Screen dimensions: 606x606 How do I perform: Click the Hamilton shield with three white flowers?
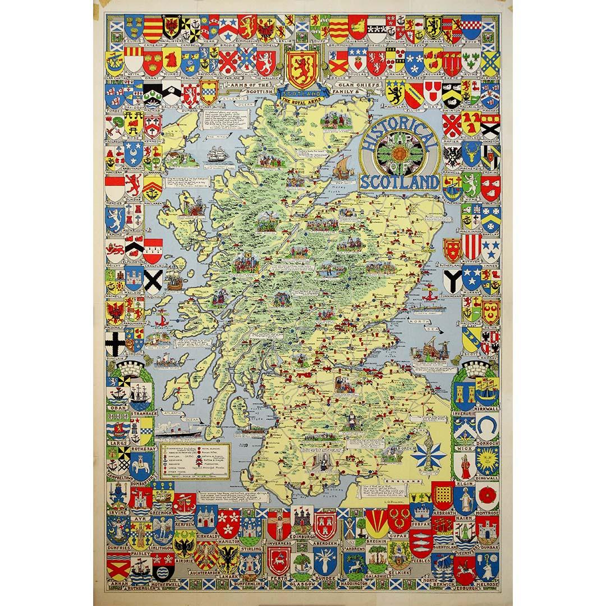click(228, 522)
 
